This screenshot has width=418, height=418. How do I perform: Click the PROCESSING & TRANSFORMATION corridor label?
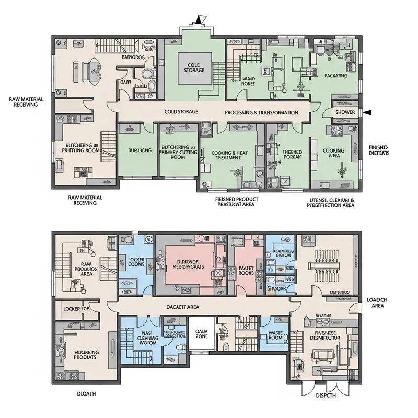(x=261, y=112)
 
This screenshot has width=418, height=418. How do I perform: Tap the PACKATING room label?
(x=336, y=76)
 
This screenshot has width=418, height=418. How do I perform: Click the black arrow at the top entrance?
(x=198, y=20)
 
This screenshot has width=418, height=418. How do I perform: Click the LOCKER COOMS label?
(x=136, y=262)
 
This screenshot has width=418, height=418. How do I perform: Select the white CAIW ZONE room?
(x=201, y=334)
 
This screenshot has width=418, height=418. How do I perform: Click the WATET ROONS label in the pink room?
(x=246, y=269)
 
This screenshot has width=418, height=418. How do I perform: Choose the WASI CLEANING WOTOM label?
(x=139, y=338)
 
